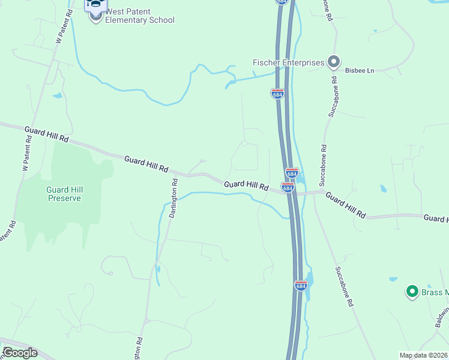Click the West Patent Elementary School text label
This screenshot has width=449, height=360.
139,16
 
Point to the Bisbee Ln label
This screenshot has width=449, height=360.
360,71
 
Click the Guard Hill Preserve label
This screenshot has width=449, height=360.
64,194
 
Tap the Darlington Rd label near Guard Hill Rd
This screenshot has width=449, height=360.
173,199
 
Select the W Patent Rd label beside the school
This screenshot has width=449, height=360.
63,23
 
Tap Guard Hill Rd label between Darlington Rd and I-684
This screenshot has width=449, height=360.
246,186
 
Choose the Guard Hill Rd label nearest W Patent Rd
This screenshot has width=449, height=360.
47,134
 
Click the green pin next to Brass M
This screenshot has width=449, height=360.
412,292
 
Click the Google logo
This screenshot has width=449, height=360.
20,353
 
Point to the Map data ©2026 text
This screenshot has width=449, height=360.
423,355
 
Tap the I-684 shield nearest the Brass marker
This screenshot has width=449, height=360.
301,286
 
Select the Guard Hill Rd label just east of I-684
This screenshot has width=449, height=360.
345,205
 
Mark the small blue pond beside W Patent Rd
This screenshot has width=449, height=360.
58,95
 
